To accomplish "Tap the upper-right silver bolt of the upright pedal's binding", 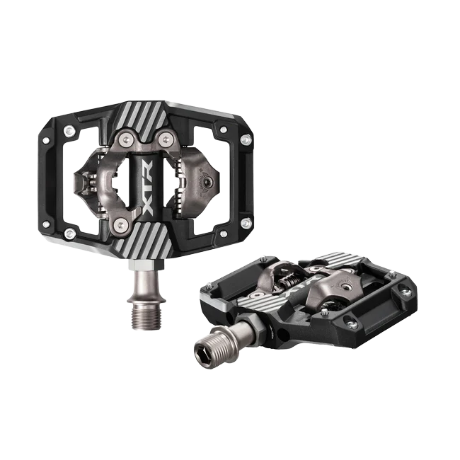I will (163, 137).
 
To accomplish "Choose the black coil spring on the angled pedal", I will (291, 281).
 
